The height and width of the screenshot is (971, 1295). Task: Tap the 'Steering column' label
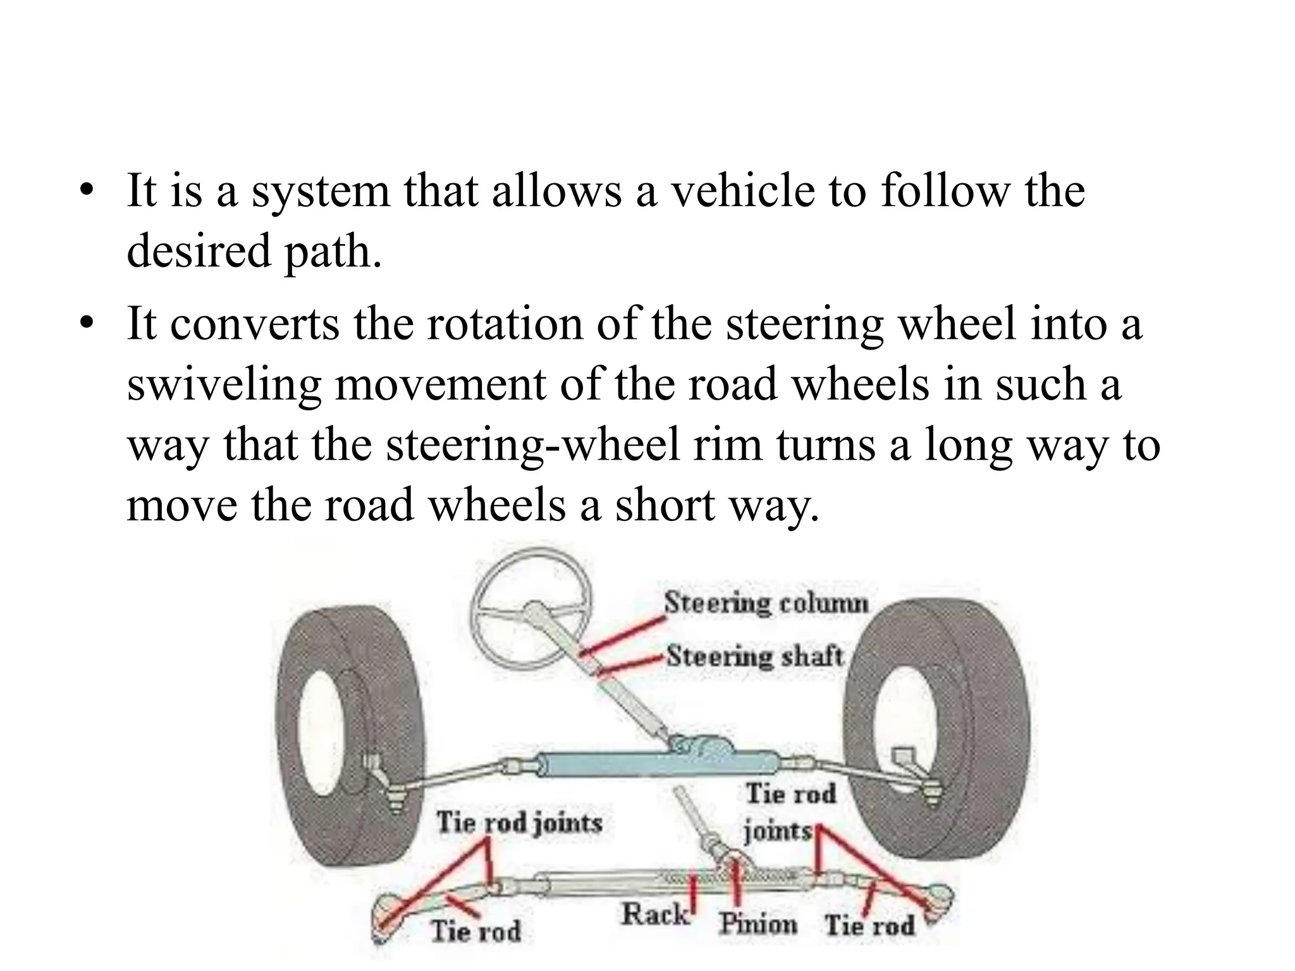point(766,603)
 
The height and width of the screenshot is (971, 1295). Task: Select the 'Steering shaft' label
point(756,656)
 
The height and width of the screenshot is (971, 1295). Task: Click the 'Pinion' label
point(758,924)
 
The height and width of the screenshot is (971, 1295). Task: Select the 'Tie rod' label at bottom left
point(476,931)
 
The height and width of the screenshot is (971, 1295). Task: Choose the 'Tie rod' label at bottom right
point(869,925)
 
